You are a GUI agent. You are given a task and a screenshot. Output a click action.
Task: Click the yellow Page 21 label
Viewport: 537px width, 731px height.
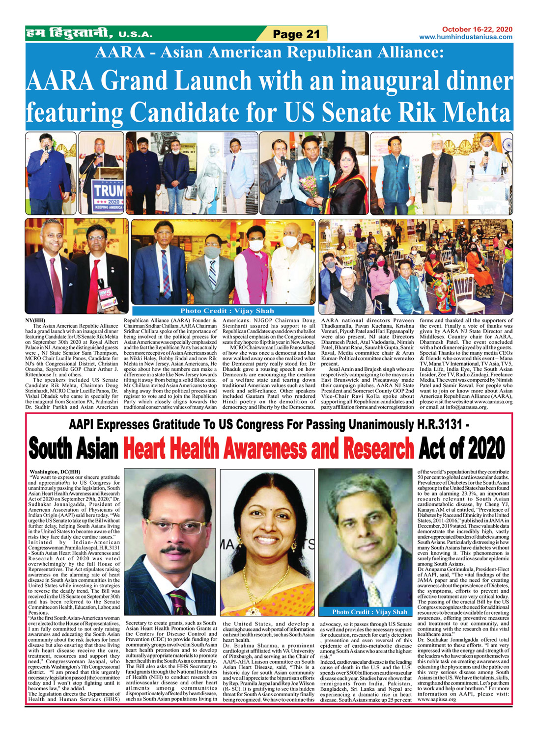point(296,34)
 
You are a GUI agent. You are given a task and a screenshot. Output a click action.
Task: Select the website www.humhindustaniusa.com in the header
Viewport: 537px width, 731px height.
point(465,37)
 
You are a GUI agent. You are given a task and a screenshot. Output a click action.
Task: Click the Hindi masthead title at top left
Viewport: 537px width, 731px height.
point(68,34)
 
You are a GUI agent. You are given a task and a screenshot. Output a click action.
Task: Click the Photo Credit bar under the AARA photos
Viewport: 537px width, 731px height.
point(223,311)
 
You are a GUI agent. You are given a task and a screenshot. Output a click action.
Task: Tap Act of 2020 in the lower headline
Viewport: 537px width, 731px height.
point(462,448)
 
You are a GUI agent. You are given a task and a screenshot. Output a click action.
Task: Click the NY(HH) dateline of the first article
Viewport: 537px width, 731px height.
point(35,320)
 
